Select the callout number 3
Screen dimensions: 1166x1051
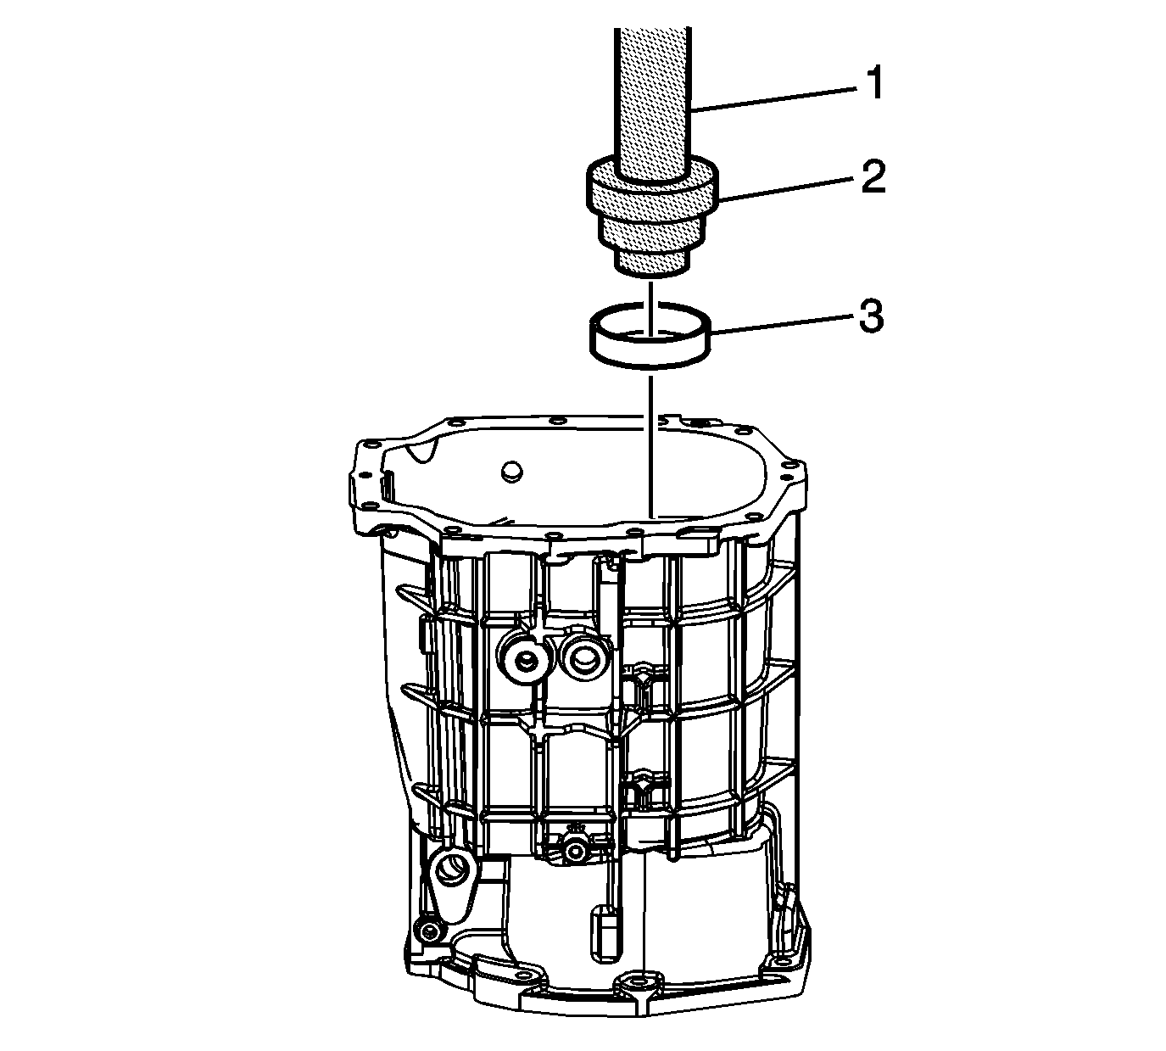click(871, 317)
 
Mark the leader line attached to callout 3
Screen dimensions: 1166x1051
click(783, 325)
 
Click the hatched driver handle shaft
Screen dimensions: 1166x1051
click(653, 99)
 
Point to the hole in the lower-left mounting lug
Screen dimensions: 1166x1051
click(451, 869)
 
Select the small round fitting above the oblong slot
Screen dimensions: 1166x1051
click(576, 851)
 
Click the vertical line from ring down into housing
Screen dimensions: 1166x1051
click(651, 447)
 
